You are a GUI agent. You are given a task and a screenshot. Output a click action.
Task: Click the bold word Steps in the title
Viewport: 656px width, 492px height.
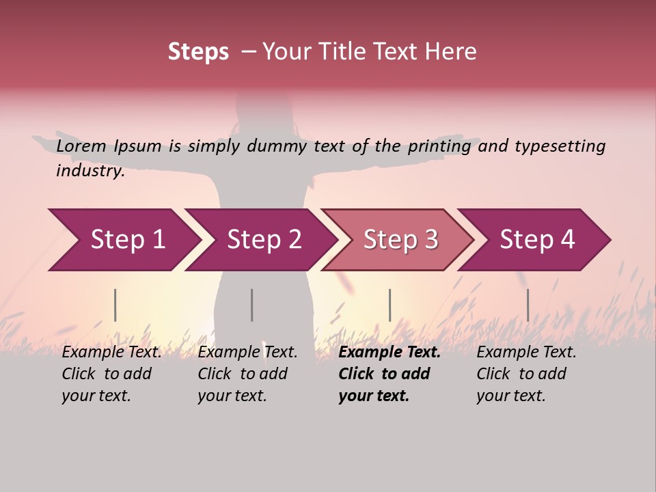tap(198, 52)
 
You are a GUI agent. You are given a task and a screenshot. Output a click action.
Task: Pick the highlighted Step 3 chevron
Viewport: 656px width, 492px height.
tap(400, 240)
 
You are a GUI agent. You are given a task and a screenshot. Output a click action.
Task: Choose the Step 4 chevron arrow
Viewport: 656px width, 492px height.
tap(537, 240)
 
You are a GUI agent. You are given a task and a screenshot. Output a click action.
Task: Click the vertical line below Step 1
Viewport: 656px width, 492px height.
tap(115, 305)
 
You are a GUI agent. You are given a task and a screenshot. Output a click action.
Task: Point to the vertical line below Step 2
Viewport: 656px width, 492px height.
tap(252, 305)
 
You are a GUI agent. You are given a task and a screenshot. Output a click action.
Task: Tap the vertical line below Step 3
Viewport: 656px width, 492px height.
tap(389, 305)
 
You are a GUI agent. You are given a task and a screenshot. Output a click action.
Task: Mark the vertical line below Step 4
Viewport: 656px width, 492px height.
tap(528, 305)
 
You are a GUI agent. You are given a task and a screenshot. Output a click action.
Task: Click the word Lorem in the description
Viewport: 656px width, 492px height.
tap(81, 146)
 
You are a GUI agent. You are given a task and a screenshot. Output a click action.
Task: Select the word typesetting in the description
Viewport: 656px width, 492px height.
tap(560, 146)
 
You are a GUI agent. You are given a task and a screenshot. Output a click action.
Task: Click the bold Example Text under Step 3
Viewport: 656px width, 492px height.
tap(389, 353)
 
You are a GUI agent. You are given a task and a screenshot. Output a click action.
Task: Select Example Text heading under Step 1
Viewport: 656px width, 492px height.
tap(112, 353)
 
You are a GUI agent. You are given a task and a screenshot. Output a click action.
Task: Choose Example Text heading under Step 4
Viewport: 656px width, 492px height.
tap(526, 353)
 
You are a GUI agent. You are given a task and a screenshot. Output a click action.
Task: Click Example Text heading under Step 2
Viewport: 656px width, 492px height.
tap(247, 353)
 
